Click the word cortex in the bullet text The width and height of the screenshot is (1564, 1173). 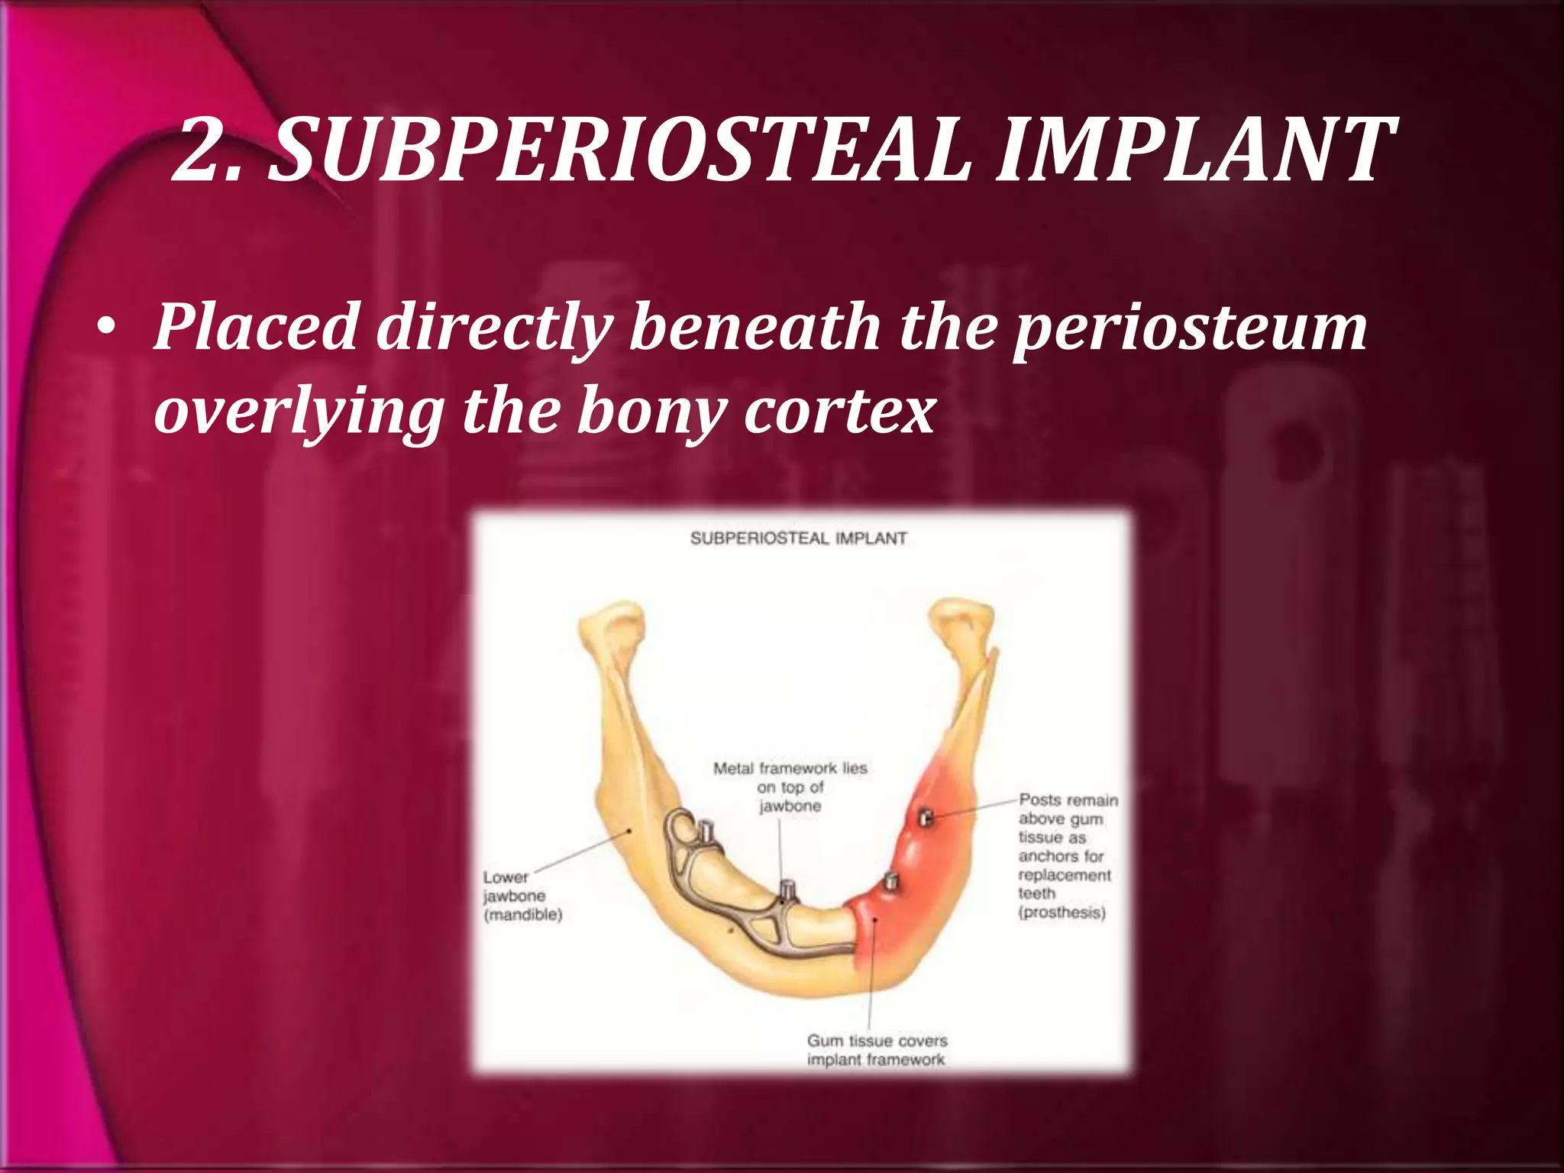pyautogui.click(x=839, y=412)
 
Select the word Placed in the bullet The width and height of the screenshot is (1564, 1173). pyautogui.click(x=257, y=327)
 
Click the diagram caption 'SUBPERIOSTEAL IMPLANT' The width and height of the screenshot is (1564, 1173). pyautogui.click(x=799, y=538)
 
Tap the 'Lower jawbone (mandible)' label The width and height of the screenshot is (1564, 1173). pyautogui.click(x=522, y=896)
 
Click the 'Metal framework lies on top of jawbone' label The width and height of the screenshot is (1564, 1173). pyautogui.click(x=790, y=787)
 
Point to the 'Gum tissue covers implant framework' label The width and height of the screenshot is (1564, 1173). pyautogui.click(x=877, y=1050)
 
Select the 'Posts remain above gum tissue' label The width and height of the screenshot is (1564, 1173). pyautogui.click(x=1067, y=855)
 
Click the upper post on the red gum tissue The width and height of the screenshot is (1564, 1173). pyautogui.click(x=925, y=817)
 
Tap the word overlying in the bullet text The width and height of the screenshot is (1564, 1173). pyautogui.click(x=299, y=412)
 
